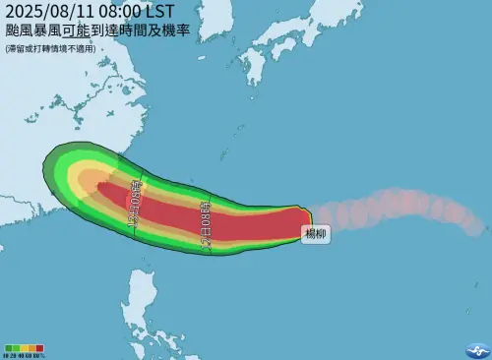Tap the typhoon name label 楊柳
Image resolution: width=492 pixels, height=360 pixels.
tap(316, 235)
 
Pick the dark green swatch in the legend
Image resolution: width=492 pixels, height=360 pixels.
tap(9, 347)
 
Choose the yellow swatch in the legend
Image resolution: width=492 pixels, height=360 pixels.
tap(26, 347)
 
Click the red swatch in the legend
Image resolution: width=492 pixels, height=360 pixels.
tap(40, 347)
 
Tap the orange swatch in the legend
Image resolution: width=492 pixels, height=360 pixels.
tap(32, 347)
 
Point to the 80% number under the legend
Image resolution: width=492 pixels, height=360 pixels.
tap(39, 354)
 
